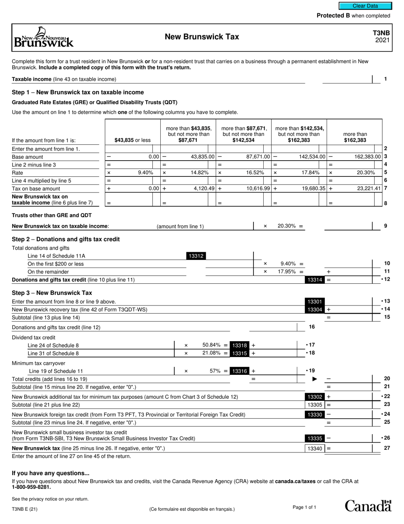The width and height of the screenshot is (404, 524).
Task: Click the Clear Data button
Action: click(365, 6)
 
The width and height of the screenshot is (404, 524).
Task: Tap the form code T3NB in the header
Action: click(381, 33)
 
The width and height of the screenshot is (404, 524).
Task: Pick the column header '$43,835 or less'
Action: click(132, 140)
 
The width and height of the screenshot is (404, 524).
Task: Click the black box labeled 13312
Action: click(196, 256)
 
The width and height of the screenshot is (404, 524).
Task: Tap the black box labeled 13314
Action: click(315, 280)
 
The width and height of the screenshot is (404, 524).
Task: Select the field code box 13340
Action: click(315, 448)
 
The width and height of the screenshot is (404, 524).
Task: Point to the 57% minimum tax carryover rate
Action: click(216, 371)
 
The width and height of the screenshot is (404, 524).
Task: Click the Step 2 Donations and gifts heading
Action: click(66, 239)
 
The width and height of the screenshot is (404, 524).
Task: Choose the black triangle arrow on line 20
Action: click(315, 379)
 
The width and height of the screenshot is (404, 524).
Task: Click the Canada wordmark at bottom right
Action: click(367, 506)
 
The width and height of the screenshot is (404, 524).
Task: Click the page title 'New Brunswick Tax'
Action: click(202, 37)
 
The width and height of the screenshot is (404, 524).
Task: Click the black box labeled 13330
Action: click(315, 415)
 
